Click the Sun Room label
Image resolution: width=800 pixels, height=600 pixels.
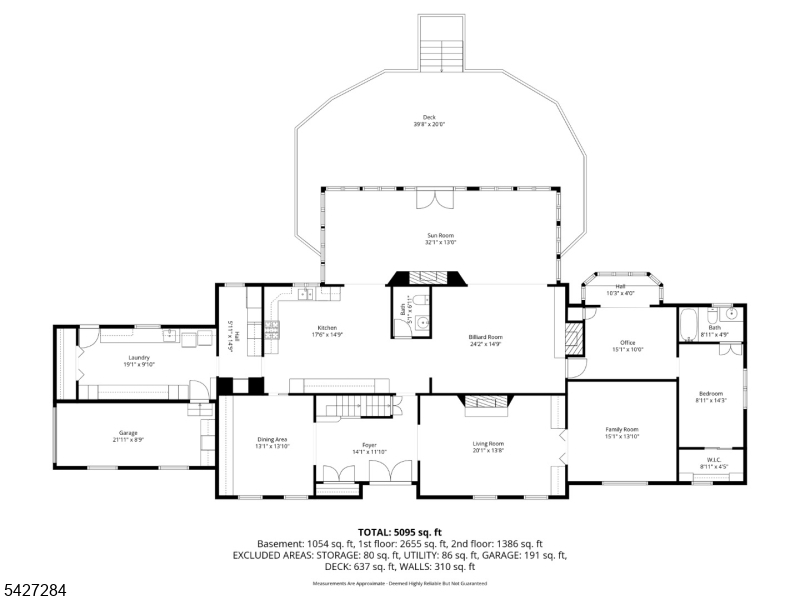coord(441,235)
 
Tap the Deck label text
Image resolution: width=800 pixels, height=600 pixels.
coord(429,117)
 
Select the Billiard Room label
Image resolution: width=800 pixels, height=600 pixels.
coord(486,338)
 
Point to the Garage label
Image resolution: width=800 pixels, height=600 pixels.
coord(128,433)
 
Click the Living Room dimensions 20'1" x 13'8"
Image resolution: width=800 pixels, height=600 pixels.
coord(488,450)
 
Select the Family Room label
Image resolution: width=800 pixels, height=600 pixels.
coord(621,430)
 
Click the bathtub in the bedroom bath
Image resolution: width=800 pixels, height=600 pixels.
coord(690,325)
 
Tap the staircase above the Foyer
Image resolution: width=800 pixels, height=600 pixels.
coord(352,405)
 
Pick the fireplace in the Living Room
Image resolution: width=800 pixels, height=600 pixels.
coord(486,402)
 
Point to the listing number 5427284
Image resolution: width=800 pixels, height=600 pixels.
coord(35,591)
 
